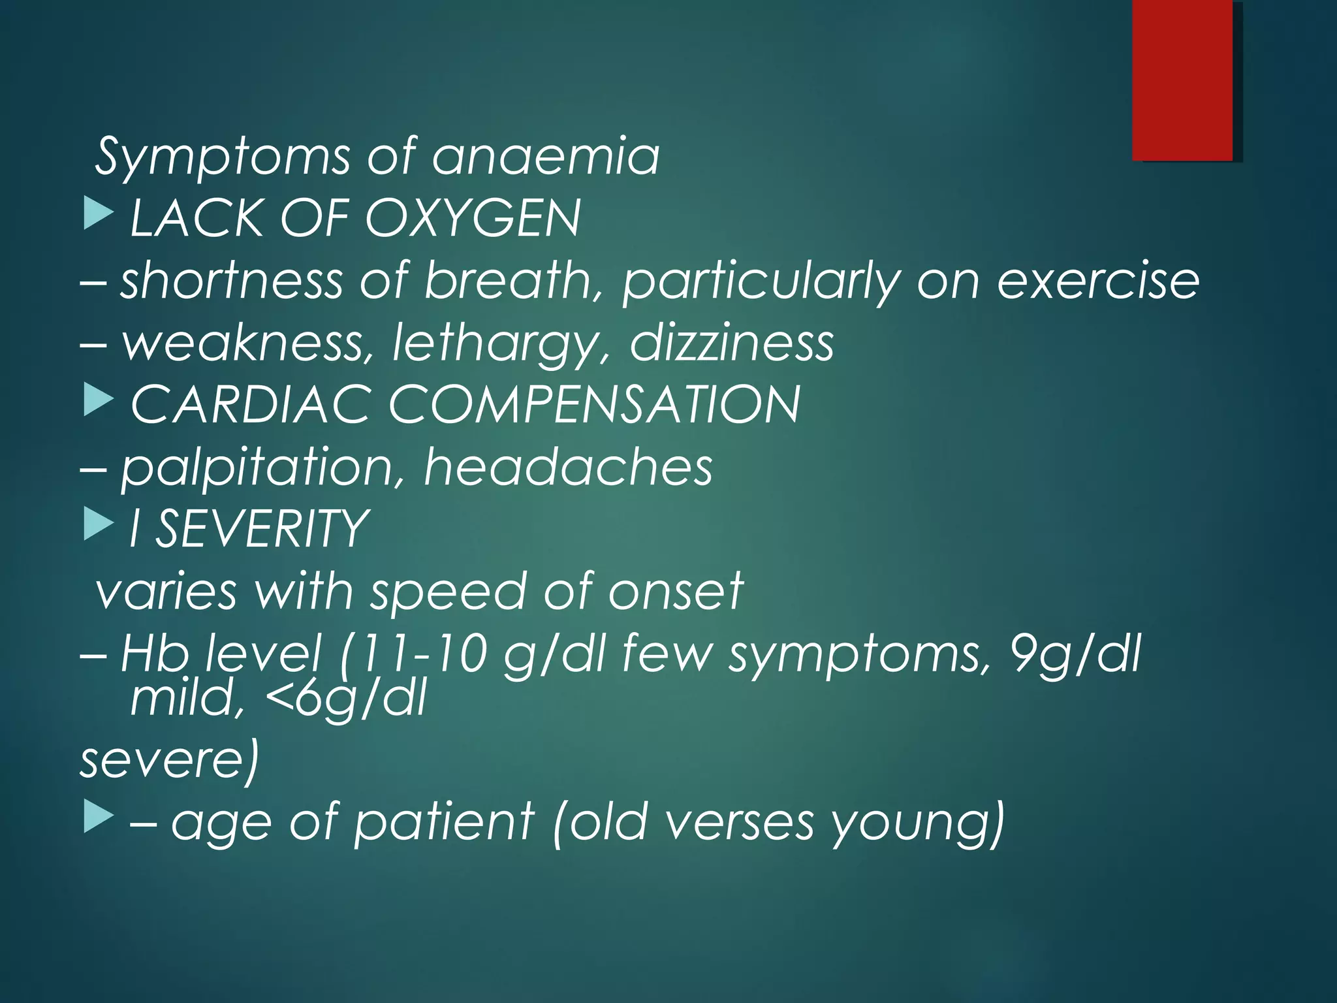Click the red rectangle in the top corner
(x=1182, y=80)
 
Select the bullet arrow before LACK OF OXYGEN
(x=99, y=215)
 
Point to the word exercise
(x=1098, y=281)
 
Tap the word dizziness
(x=732, y=342)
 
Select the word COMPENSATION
(x=594, y=404)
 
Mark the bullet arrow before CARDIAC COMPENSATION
(x=99, y=401)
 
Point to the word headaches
(x=568, y=467)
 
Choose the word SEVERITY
(x=262, y=529)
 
